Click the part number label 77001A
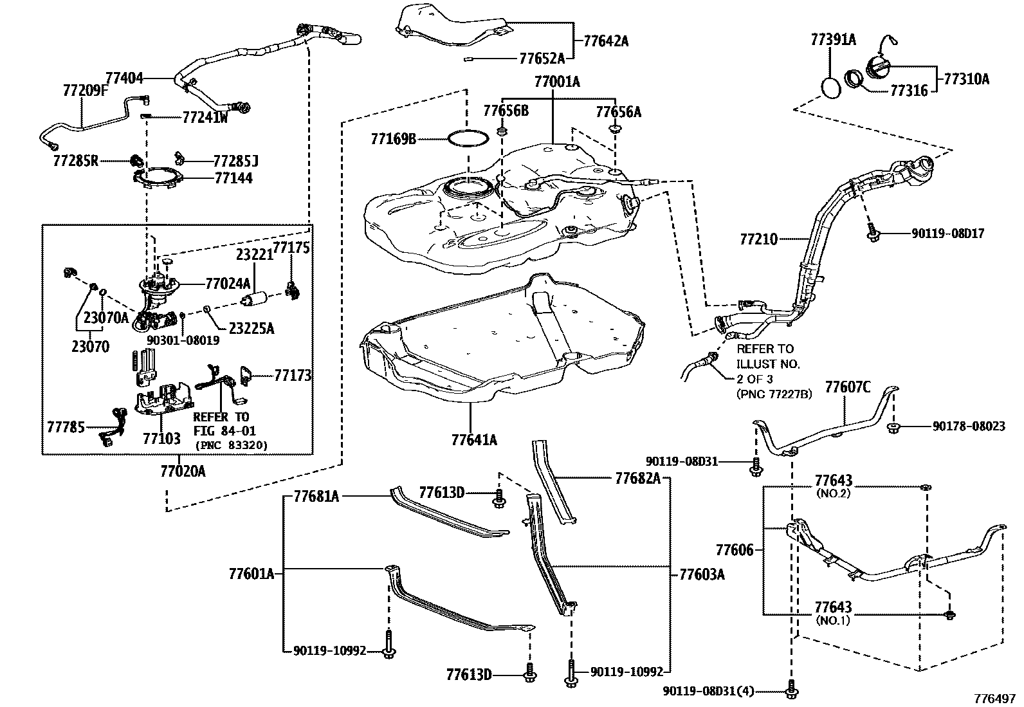[557, 82]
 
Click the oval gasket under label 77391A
[831, 87]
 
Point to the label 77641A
[474, 440]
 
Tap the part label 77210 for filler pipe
[758, 240]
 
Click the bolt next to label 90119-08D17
[873, 234]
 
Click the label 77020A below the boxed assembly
[183, 472]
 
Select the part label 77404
[124, 78]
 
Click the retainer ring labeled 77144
[154, 178]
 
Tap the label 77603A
[702, 574]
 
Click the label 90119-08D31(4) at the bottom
[709, 691]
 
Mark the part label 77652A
[542, 59]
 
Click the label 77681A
[316, 496]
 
